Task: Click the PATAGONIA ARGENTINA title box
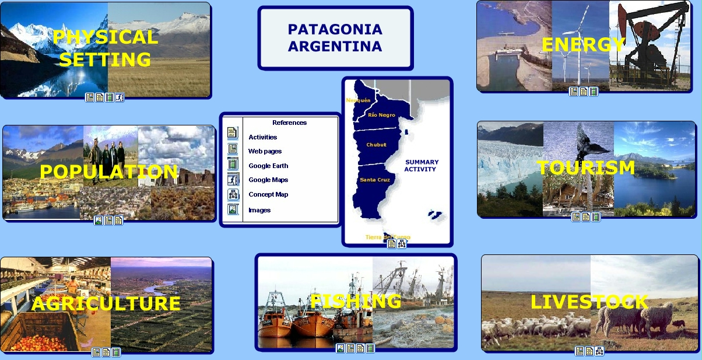coord(335,38)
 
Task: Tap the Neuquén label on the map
coord(358,100)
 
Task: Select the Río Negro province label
coord(381,115)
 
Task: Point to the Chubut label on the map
coord(377,145)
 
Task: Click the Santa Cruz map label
coord(375,180)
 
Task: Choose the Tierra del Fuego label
coord(388,237)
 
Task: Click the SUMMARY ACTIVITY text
coord(421,166)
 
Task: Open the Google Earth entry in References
coord(268,166)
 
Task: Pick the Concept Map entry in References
coord(268,194)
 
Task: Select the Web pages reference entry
coord(265,151)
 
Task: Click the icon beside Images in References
coord(233,209)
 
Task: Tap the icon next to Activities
coord(233,132)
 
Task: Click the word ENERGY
coord(583,44)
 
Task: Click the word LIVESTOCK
coord(589,302)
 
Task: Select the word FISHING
coord(356,301)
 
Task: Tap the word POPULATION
coord(109,172)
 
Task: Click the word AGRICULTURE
coord(106,303)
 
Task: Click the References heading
coord(289,123)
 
